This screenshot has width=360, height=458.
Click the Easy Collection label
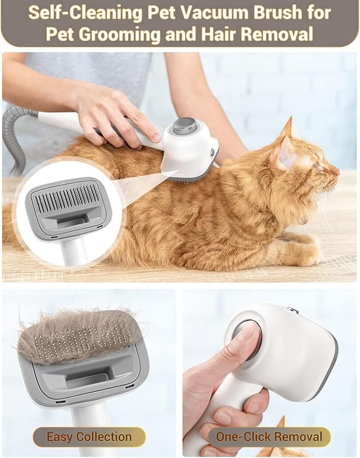pos(89,437)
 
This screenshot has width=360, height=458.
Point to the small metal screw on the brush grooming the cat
pos(213,153)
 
